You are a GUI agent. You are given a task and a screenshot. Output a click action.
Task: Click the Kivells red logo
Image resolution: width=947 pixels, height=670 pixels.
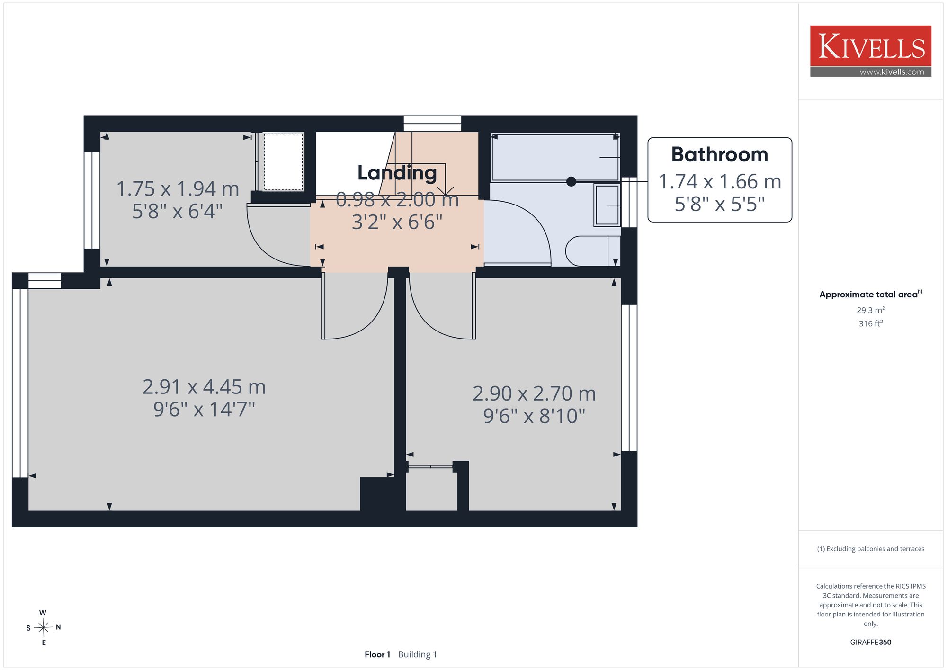coord(870,46)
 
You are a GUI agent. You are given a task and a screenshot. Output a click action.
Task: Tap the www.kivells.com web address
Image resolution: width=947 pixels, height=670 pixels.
coord(892,72)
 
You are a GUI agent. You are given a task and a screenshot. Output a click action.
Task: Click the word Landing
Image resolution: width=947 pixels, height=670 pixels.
coord(397,173)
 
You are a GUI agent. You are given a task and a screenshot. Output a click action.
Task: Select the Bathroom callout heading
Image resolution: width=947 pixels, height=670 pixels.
coord(720,155)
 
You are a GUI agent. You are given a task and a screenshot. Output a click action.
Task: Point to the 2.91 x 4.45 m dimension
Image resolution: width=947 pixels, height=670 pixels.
coord(204,387)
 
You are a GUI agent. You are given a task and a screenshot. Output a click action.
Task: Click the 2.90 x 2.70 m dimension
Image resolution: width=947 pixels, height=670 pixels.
coord(534,393)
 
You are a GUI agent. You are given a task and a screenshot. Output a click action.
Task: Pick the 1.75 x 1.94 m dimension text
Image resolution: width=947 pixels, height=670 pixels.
coord(178,189)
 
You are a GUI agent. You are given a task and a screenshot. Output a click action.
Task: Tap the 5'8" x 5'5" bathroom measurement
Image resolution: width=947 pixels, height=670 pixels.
coord(720,204)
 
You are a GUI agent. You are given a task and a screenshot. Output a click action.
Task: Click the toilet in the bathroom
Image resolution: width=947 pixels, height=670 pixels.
coord(593,251)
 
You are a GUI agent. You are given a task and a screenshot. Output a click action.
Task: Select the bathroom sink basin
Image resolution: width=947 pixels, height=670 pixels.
coord(607,205)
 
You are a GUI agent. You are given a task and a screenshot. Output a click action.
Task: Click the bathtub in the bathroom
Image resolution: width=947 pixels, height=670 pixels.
coord(555,157)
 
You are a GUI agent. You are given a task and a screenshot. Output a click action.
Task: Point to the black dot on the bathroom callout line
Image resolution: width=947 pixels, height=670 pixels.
coord(572,181)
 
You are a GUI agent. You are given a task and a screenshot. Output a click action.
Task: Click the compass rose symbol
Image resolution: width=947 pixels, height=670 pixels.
coord(44,628)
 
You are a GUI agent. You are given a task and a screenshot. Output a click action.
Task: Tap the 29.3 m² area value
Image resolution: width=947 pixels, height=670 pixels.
coord(871,310)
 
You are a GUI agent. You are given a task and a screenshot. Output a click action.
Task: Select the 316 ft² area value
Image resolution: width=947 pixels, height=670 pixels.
coord(871,323)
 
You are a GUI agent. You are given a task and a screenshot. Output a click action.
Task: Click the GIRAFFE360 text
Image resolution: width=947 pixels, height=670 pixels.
coord(871,643)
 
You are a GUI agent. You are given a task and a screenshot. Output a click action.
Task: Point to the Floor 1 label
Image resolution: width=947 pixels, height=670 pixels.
coord(377,654)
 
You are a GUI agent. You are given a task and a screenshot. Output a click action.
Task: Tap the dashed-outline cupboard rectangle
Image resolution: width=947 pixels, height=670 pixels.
coord(284,161)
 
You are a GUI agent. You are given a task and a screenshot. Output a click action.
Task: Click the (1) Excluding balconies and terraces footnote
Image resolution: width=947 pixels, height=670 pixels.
coord(871,549)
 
